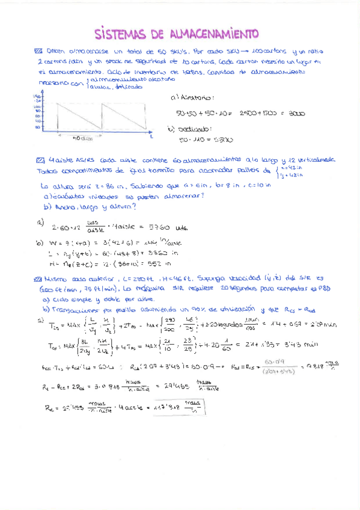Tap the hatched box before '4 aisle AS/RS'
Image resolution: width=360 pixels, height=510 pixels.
pos(40,160)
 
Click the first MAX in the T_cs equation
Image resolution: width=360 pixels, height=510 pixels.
pos(72,324)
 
